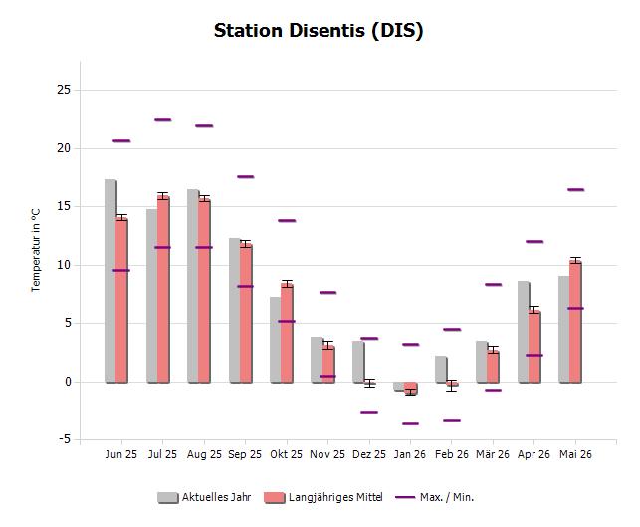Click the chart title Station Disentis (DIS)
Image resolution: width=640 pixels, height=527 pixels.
[x=319, y=31]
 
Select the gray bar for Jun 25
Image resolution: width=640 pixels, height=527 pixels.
[x=110, y=281]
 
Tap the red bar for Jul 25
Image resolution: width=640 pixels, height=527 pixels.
[x=163, y=289]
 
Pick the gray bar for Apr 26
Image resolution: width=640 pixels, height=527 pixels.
[x=524, y=332]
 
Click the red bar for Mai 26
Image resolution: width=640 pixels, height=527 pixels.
[x=575, y=322]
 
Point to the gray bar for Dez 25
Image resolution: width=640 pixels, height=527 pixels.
[x=358, y=362]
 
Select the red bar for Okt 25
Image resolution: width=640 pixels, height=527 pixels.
[x=287, y=333]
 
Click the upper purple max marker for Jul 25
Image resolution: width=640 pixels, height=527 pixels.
[x=163, y=120]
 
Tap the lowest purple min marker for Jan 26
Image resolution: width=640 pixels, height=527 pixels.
[x=411, y=423]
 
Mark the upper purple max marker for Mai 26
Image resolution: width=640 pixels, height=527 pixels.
[x=575, y=190]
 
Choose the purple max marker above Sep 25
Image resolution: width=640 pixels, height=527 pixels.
[x=245, y=177]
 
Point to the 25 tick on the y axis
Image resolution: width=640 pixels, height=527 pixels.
[x=64, y=90]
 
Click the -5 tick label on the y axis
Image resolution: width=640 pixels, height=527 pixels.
[x=65, y=439]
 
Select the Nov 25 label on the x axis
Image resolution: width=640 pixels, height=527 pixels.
[x=327, y=454]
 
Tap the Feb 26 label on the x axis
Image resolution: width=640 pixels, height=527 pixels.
[x=452, y=454]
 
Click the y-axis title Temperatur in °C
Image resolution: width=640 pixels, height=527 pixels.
[x=36, y=250]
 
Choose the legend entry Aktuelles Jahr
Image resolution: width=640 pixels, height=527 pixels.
[x=204, y=497]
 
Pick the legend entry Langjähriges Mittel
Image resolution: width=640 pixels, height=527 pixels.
[x=323, y=497]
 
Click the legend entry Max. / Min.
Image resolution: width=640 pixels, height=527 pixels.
[x=435, y=497]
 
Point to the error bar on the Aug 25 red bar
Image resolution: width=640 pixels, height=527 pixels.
[x=204, y=199]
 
